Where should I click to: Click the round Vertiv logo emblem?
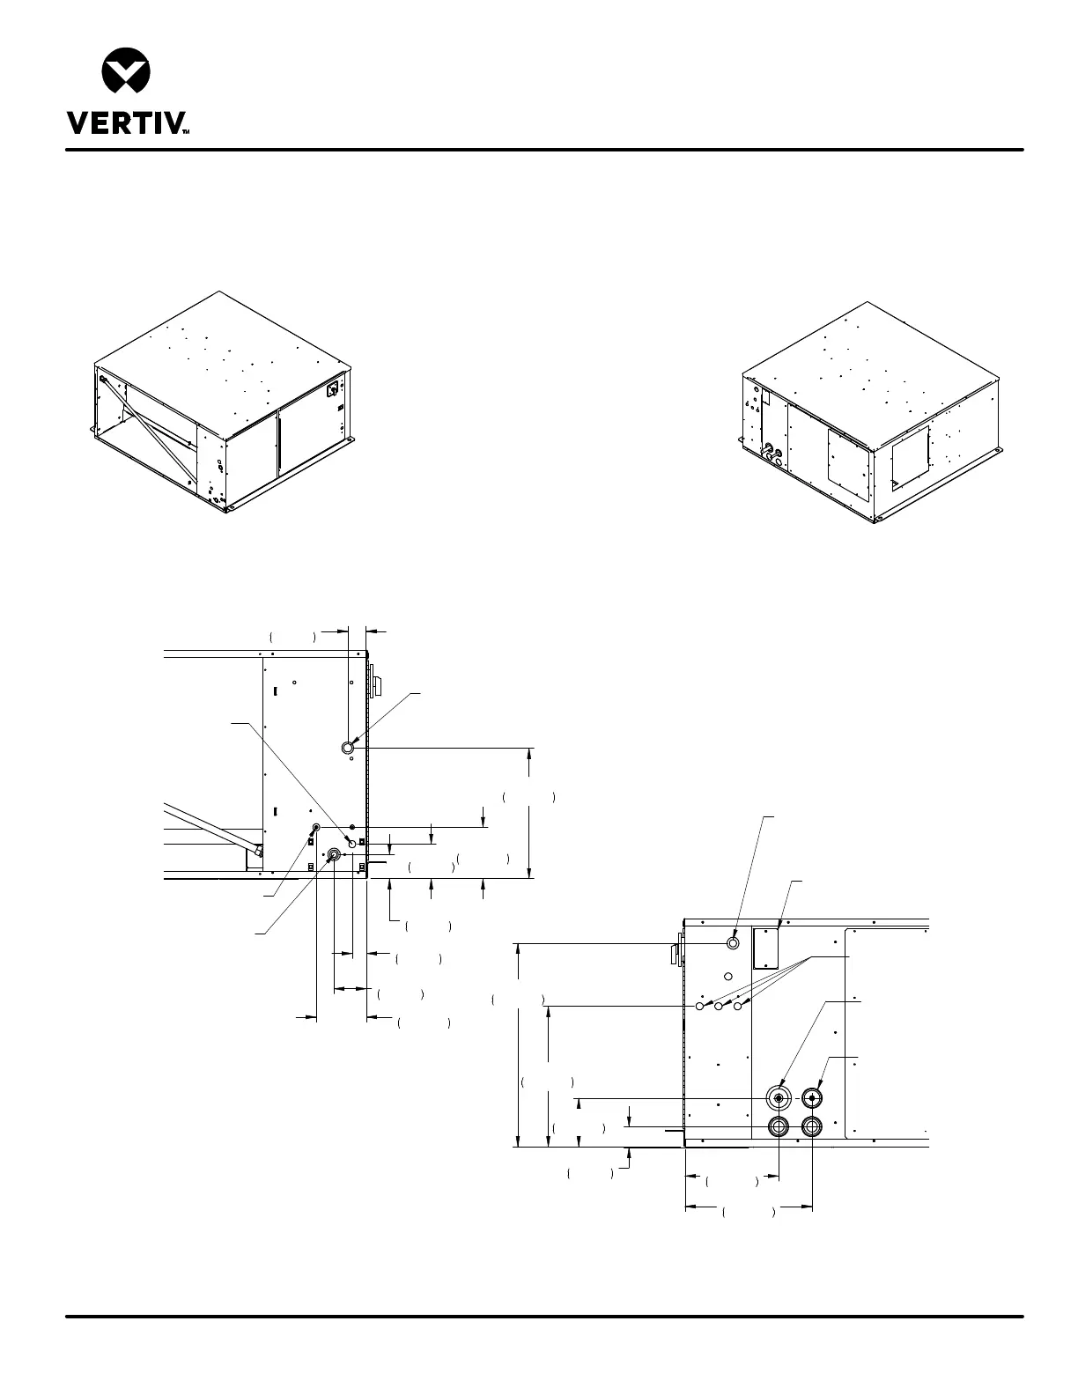(126, 70)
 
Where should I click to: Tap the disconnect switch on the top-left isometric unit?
(334, 389)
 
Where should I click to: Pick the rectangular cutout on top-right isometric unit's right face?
(911, 454)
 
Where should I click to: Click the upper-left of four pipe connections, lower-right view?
(779, 1098)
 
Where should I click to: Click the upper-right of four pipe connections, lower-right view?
(812, 1098)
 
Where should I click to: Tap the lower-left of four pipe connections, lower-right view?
(779, 1126)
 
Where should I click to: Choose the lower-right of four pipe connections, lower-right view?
(812, 1126)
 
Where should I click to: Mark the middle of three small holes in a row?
(719, 1006)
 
